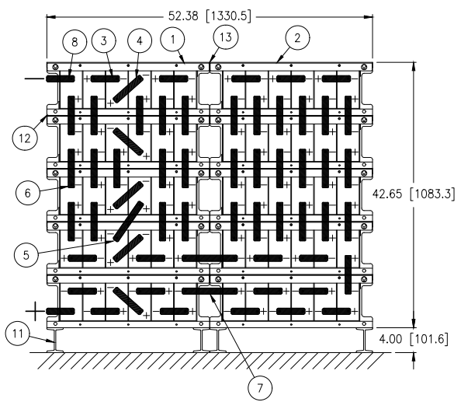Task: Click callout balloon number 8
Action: tap(75, 41)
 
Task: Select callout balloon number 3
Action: tap(104, 40)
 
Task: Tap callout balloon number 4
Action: tap(140, 40)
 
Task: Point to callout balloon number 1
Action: tap(173, 39)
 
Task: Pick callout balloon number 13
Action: tap(226, 37)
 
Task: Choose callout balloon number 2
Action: tap(297, 38)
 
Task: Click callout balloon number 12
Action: tap(25, 138)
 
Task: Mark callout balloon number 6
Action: tap(28, 193)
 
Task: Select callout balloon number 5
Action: tap(26, 255)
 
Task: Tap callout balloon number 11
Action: tap(18, 334)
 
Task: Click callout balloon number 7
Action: tap(260, 388)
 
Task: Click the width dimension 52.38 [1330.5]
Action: tap(210, 16)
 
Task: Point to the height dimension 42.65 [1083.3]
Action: tap(414, 194)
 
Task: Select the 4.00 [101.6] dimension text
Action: tap(414, 339)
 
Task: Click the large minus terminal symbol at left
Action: tap(35, 79)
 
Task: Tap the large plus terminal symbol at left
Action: tap(35, 311)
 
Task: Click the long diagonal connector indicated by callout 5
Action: tap(128, 222)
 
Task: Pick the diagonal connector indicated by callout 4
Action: tap(128, 89)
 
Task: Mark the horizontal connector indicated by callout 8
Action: tap(61, 79)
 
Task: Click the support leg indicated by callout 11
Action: tap(55, 340)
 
